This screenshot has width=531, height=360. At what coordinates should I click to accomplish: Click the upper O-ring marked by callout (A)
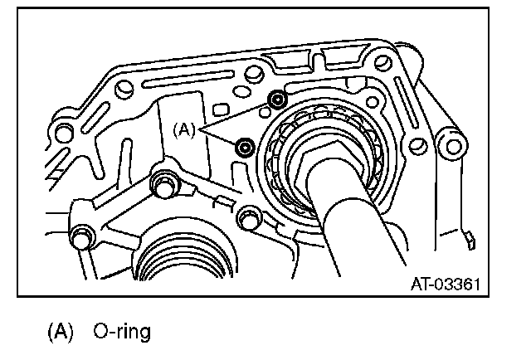(277, 100)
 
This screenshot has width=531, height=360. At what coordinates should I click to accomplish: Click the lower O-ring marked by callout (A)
(245, 148)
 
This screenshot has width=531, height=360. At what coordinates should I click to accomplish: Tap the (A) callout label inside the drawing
(184, 129)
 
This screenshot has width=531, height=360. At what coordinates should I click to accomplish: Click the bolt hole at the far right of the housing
(453, 149)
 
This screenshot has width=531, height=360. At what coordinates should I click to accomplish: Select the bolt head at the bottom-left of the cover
(81, 237)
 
